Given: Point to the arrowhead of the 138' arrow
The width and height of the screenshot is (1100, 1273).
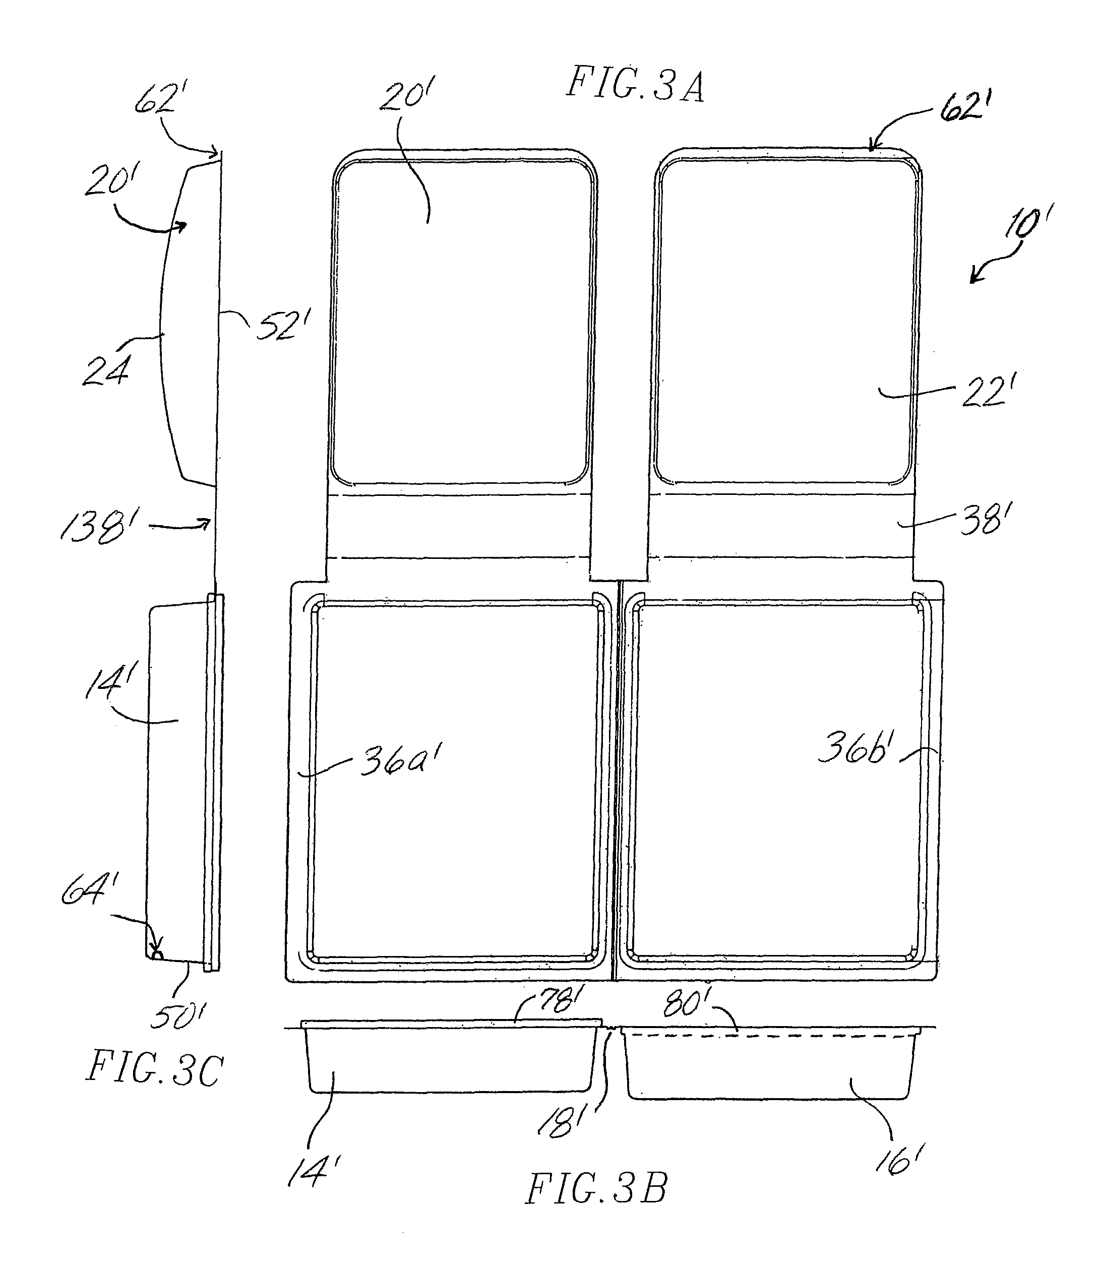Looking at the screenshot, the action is (x=207, y=523).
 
